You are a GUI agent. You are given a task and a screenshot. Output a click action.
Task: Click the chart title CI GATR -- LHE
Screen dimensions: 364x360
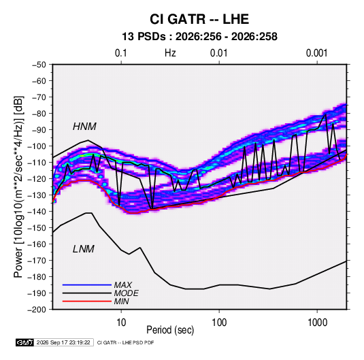pos(199,19)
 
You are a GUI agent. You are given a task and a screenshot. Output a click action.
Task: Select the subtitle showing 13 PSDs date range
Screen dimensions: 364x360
pos(199,37)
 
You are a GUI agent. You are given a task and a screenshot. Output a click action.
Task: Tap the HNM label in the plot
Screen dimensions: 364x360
pos(84,127)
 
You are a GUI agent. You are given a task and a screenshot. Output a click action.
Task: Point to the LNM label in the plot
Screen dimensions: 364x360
pos(84,249)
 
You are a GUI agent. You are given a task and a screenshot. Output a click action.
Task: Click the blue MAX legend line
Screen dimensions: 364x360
pos(87,284)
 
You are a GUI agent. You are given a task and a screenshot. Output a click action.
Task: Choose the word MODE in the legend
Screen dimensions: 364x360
pos(127,293)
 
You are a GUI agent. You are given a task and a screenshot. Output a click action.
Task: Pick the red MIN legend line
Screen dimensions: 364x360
pos(87,301)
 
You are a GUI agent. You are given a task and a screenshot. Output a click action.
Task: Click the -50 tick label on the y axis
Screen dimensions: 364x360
pos(39,65)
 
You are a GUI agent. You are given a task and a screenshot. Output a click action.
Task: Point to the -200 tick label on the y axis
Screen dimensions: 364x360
pos(37,310)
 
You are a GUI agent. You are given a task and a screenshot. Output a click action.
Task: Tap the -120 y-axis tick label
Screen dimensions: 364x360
pos(37,178)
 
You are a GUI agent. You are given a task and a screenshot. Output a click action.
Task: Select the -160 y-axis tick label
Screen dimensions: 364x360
pos(37,244)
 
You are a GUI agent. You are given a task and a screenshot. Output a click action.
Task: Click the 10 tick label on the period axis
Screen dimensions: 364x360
pos(121,323)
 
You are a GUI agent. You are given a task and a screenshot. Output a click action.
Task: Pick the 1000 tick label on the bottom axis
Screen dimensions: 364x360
pos(317,323)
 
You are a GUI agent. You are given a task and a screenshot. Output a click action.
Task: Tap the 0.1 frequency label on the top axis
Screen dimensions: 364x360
pos(121,53)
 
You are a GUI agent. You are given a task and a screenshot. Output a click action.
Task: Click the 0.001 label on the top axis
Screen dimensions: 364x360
pos(316,53)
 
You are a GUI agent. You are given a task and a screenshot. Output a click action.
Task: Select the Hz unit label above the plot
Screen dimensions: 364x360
pos(170,53)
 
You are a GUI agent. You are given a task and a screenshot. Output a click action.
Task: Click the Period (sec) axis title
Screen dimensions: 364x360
pos(170,329)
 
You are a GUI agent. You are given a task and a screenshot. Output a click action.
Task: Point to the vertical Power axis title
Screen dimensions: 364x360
pos(18,187)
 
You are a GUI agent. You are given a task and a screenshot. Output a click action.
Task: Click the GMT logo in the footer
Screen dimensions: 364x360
pos(25,342)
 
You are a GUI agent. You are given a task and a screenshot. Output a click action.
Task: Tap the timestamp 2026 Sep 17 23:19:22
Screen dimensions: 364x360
pos(63,342)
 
